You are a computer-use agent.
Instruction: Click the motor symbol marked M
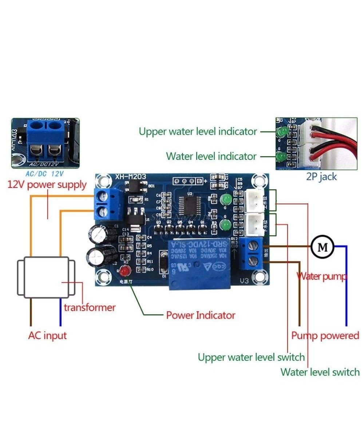click(322, 247)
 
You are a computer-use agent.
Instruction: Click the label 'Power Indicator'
click(201, 315)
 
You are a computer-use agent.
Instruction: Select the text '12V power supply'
click(47, 185)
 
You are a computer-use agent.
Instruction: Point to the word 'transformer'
click(90, 307)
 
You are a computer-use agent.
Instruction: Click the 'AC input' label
click(47, 335)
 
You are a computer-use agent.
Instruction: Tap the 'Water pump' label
click(322, 276)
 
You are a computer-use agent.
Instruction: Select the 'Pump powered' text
click(325, 335)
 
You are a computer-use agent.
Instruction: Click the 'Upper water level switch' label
click(251, 357)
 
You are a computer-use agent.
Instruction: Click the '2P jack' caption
click(321, 177)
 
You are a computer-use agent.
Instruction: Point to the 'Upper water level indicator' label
click(198, 131)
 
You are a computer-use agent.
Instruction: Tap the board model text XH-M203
click(131, 177)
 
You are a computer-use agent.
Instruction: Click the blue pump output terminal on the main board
click(252, 253)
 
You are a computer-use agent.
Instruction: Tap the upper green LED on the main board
click(226, 199)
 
